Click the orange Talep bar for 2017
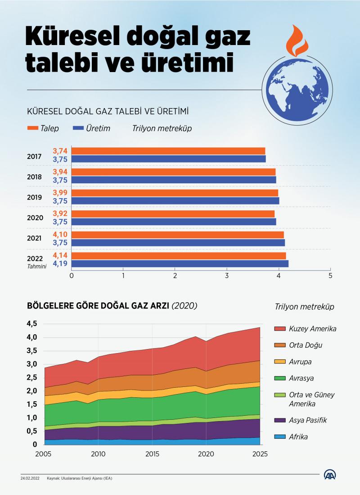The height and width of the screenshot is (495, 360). pos(168,151)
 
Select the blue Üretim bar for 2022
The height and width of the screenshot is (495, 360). pos(180,264)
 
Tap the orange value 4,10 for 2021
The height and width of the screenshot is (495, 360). pos(60,234)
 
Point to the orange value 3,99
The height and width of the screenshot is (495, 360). pos(60,192)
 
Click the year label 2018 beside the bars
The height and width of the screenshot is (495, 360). pos(35,177)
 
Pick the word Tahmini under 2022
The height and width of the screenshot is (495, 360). pos(36,266)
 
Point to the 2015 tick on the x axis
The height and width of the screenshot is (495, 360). pos(153,454)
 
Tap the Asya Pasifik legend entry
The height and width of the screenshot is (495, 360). pos(308,420)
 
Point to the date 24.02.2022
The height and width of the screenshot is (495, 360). pos(30,478)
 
